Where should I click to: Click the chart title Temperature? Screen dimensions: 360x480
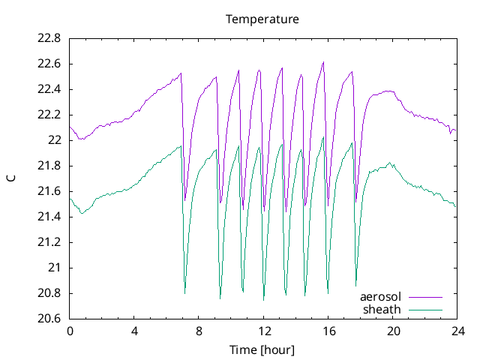[262, 19]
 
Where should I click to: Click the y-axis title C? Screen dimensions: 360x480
[11, 178]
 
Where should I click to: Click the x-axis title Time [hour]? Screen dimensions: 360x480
[262, 349]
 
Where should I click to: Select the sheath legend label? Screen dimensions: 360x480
[382, 309]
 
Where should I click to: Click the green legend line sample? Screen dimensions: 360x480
[424, 309]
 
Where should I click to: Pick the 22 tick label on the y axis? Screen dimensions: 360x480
[55, 140]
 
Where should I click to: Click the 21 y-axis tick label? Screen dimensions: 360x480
[55, 268]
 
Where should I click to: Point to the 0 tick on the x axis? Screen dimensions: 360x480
[70, 331]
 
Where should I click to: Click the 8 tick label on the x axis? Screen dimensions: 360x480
[199, 331]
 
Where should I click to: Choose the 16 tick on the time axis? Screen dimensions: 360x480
[328, 331]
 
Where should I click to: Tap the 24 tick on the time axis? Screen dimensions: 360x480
[457, 331]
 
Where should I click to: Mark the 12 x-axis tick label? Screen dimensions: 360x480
[263, 331]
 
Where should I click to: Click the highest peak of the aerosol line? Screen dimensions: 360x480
[323, 62]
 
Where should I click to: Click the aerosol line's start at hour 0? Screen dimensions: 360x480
[70, 127]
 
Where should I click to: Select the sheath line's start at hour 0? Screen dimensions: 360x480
[70, 199]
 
